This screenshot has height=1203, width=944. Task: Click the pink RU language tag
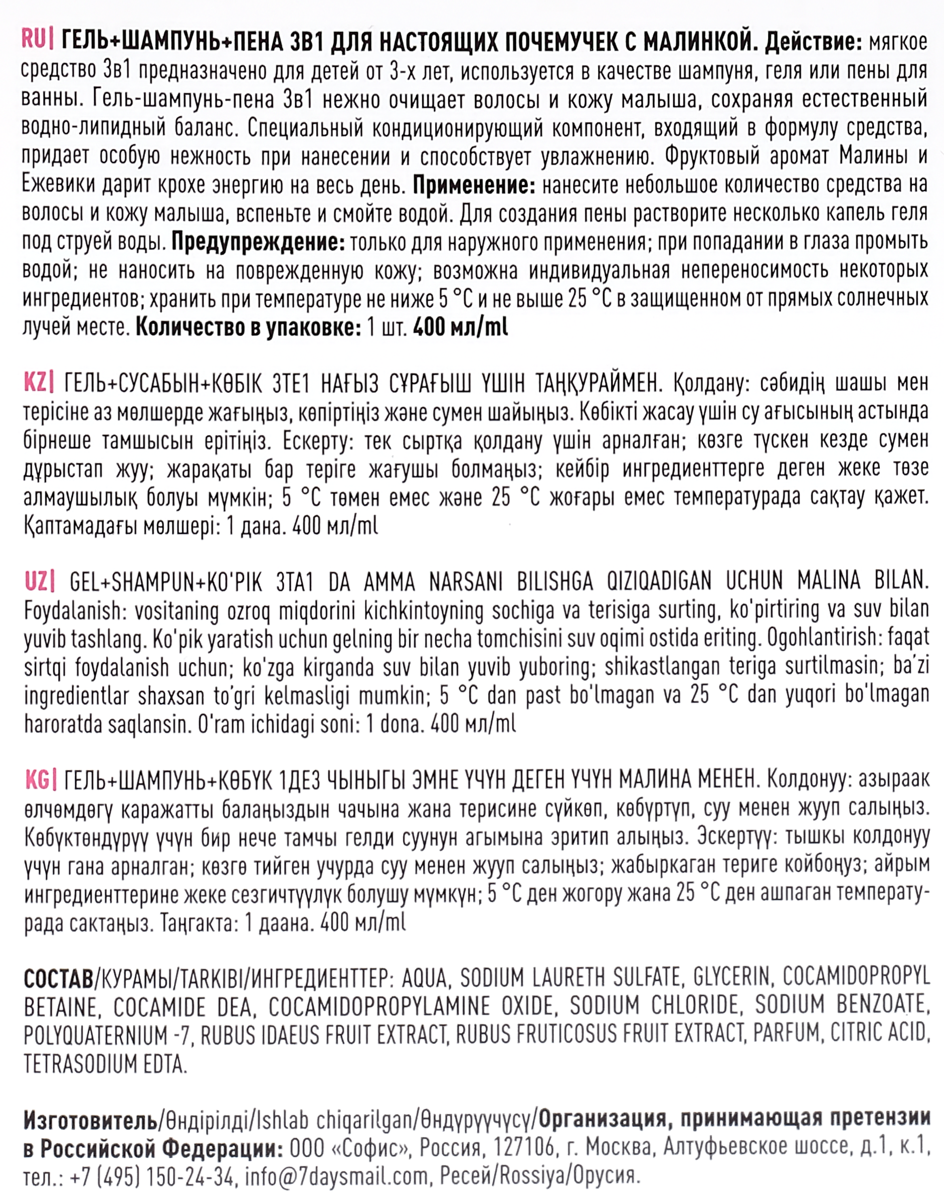pyautogui.click(x=37, y=42)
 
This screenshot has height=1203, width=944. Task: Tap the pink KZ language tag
pyautogui.click(x=38, y=382)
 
